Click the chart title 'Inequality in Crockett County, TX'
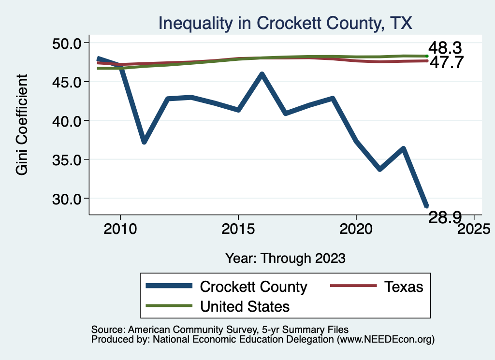pos(285,23)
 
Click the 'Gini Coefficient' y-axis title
pos(22,124)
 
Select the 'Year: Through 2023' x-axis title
pos(285,258)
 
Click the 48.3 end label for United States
pos(446,48)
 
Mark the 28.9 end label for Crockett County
pos(446,218)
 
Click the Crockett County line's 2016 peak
pos(262,74)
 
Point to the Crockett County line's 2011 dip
pos(144,142)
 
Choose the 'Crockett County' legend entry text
pos(253,287)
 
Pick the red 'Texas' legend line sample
pos(353,287)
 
